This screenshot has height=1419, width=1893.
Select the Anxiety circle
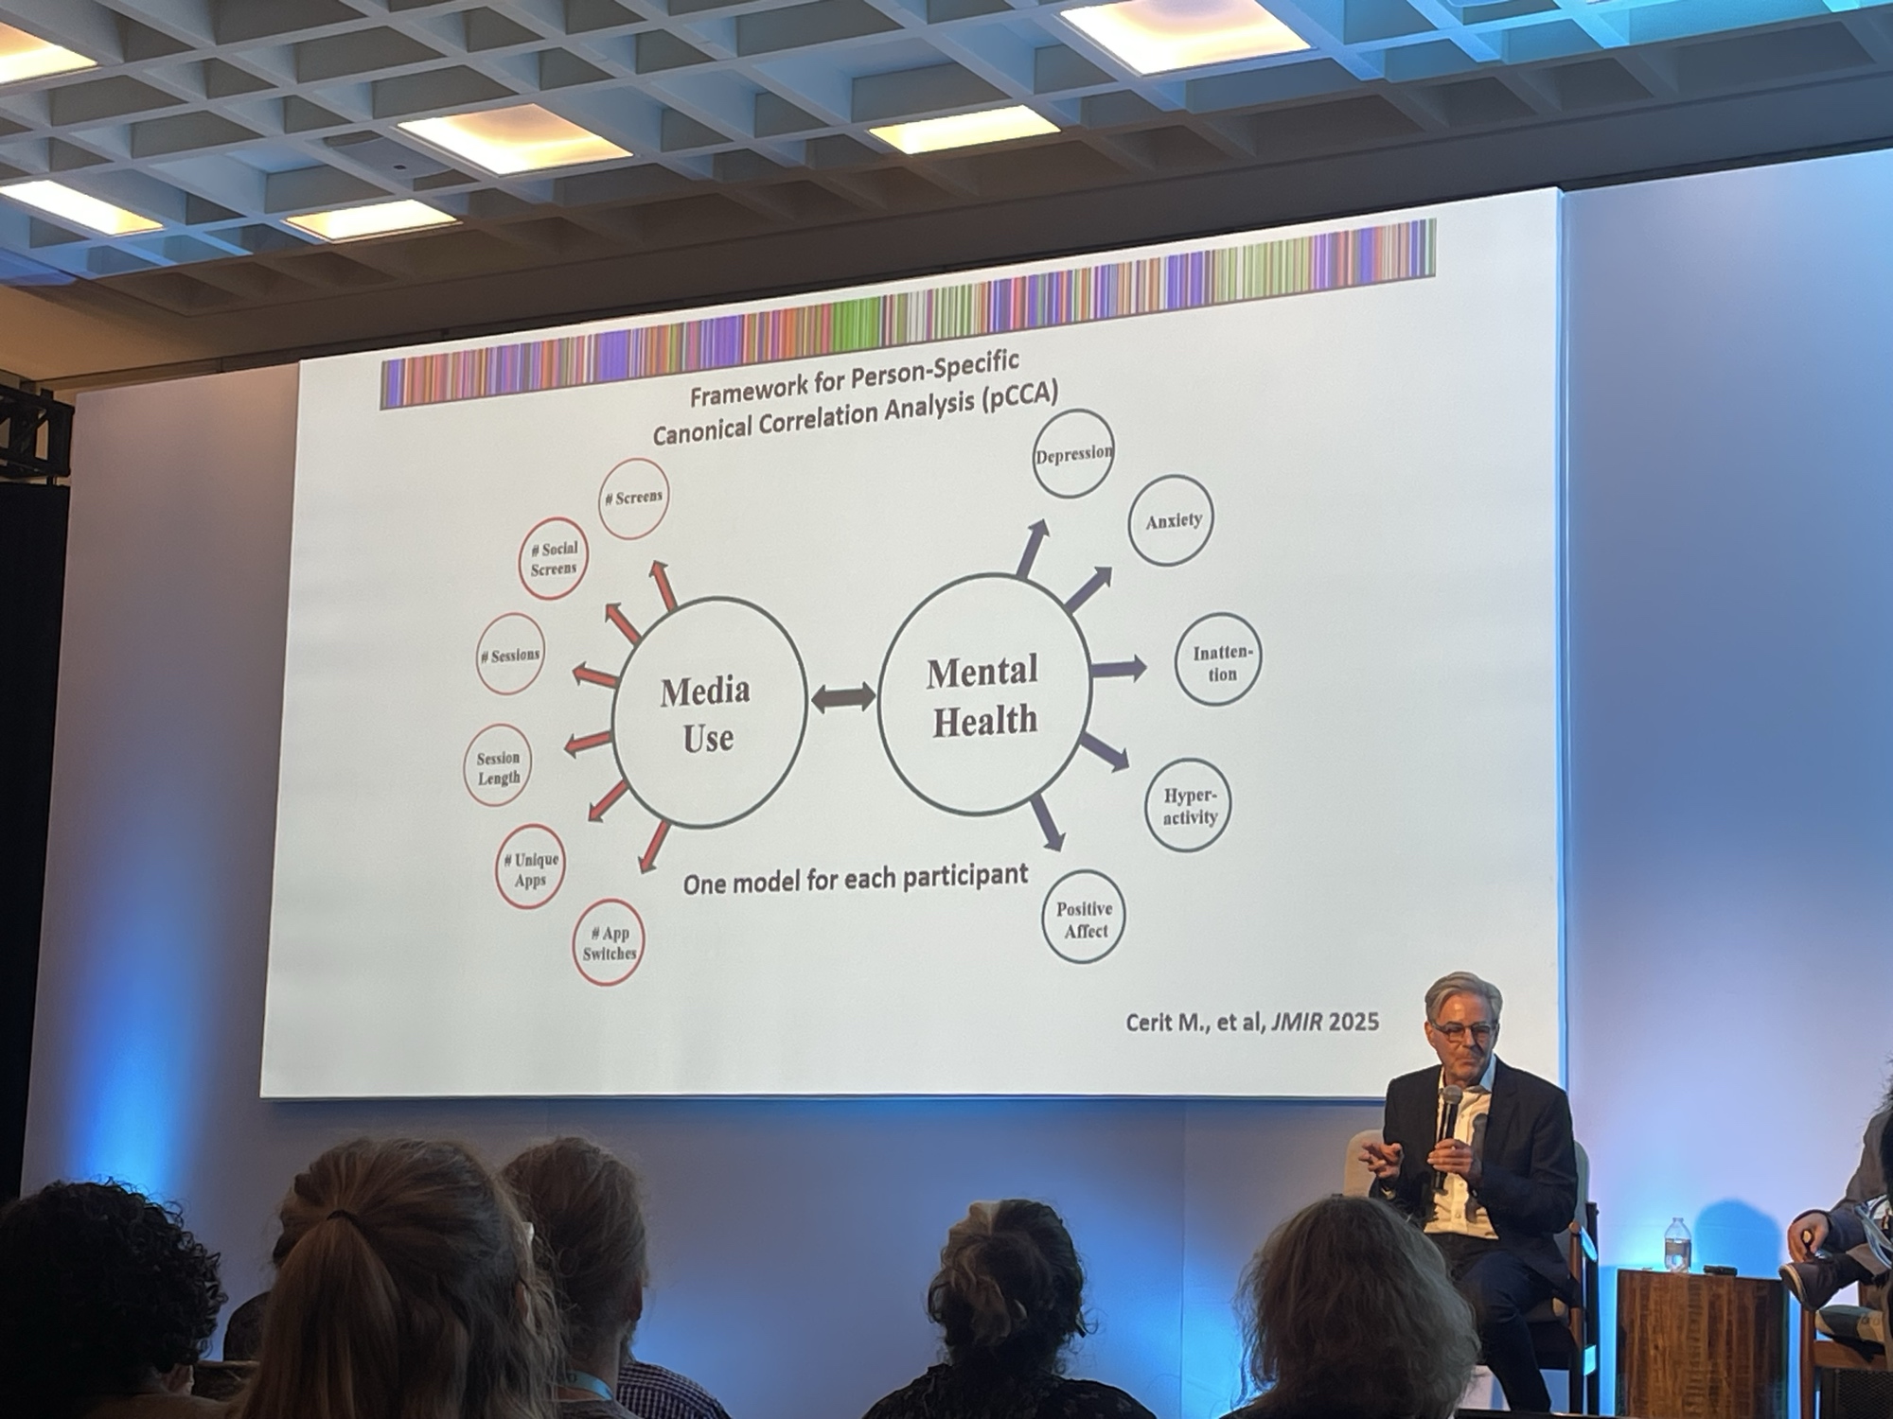pyautogui.click(x=1173, y=521)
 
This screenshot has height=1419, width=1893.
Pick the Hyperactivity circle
pyautogui.click(x=1190, y=806)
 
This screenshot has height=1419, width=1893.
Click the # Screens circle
pyautogui.click(x=634, y=498)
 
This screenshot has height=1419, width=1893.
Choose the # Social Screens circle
pyautogui.click(x=554, y=558)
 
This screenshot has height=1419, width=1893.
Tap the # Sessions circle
pyautogui.click(x=512, y=655)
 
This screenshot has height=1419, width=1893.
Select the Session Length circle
pyautogui.click(x=498, y=767)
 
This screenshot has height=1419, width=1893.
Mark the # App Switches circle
pyautogui.click(x=609, y=943)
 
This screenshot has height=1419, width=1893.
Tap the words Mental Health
pyautogui.click(x=983, y=696)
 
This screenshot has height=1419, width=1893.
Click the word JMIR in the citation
pyautogui.click(x=1299, y=1023)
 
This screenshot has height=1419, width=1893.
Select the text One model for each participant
pyautogui.click(x=856, y=880)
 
